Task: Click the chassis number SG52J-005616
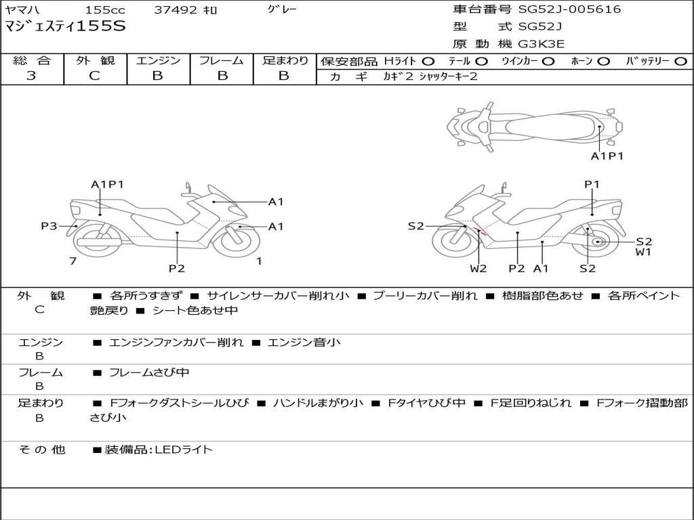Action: (569, 9)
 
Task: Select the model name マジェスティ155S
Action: (65, 26)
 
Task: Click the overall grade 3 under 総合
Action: (31, 75)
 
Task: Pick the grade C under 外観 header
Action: (94, 75)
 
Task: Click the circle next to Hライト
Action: (428, 62)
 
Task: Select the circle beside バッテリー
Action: (680, 62)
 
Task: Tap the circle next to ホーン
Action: (604, 62)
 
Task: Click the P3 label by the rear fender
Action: (49, 226)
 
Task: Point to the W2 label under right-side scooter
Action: (478, 268)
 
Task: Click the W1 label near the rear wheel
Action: (643, 252)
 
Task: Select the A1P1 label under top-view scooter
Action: (607, 156)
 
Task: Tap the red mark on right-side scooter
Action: (481, 232)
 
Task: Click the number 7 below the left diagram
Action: (73, 261)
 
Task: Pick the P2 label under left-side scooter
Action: (177, 268)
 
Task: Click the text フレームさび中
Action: (149, 373)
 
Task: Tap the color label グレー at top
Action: (282, 9)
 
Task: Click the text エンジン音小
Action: (304, 342)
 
